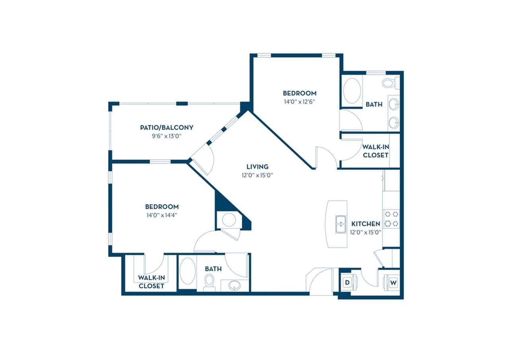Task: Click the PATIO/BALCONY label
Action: tap(166, 128)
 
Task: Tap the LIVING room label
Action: tap(257, 167)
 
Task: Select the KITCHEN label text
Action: tap(365, 224)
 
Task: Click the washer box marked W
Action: tap(393, 282)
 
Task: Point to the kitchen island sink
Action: tap(341, 224)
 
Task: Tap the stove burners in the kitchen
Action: tap(391, 219)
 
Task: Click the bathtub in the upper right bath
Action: tap(352, 91)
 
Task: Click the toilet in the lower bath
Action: tap(209, 282)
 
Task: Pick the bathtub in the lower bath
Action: tap(187, 271)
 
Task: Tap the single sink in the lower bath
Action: tap(235, 285)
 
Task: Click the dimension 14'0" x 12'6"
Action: tap(299, 101)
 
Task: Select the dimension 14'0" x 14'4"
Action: tap(161, 215)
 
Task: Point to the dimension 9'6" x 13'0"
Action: tap(166, 136)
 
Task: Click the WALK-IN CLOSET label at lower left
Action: tap(151, 282)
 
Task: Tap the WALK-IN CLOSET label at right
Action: tap(375, 151)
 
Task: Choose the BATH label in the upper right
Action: tap(374, 105)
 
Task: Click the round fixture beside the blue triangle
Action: tap(229, 220)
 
